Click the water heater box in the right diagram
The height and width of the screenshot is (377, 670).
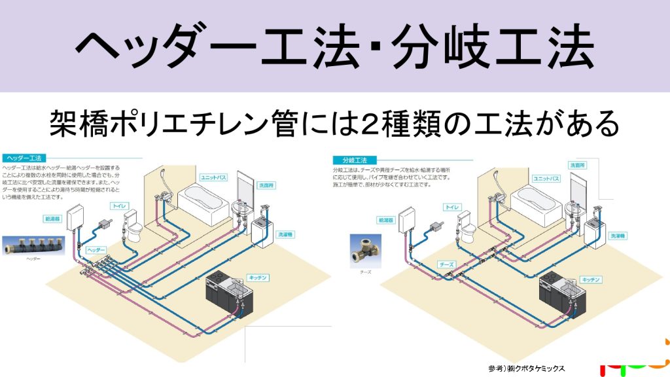click(410, 219)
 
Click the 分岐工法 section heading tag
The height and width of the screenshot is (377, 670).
click(353, 160)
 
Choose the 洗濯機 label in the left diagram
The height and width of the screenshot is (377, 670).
click(285, 234)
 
